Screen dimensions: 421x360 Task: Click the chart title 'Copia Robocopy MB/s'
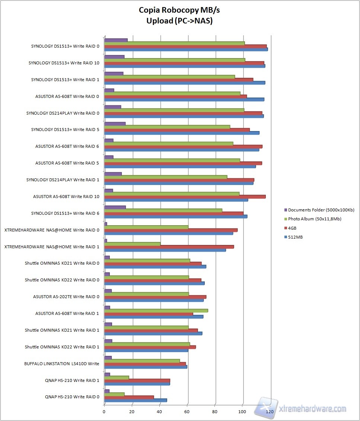click(179, 10)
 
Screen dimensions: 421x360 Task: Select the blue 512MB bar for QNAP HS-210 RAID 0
click(136, 400)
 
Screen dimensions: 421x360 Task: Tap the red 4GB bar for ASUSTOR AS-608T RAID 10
click(185, 197)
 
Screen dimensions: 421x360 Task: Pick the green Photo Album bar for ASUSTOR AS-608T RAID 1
click(156, 310)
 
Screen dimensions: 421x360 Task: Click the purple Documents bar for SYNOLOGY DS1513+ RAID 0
click(116, 40)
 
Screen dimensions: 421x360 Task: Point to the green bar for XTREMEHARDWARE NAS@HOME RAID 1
click(132, 244)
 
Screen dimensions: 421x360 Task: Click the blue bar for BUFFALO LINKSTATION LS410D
click(146, 367)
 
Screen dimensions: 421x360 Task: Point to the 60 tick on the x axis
click(188, 411)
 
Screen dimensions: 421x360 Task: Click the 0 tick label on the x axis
click(104, 411)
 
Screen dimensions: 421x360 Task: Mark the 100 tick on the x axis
click(243, 411)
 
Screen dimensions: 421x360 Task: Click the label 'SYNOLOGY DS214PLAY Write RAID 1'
click(63, 180)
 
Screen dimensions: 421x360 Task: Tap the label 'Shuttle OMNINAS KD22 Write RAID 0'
click(62, 280)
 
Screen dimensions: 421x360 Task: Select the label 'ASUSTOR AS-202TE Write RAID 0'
click(66, 297)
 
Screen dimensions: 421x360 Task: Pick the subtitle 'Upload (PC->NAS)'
click(179, 21)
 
